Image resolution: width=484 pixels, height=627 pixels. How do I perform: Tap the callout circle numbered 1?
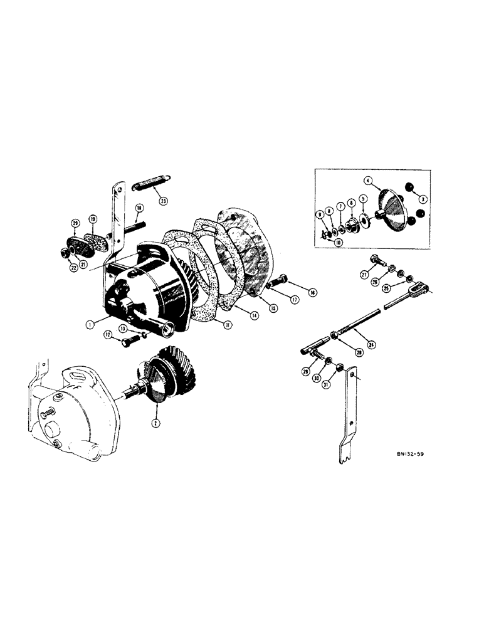click(x=91, y=324)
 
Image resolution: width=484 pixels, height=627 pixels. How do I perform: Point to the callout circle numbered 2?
click(x=156, y=423)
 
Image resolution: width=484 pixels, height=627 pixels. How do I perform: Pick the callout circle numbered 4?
click(x=368, y=181)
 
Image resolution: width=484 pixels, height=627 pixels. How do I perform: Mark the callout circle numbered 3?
click(x=423, y=199)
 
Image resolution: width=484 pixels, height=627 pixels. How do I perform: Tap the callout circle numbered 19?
click(x=92, y=219)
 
